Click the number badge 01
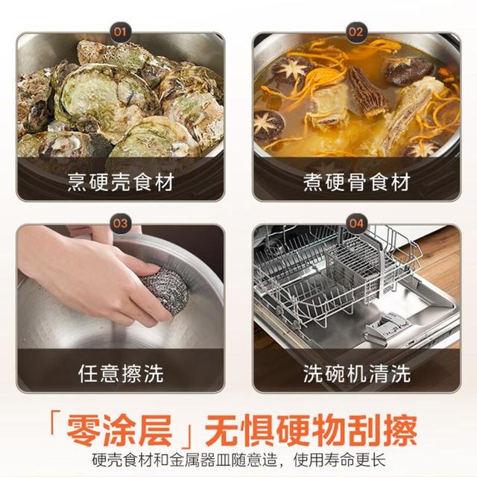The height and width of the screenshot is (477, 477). [x=120, y=32]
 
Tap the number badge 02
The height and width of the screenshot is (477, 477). [x=356, y=32]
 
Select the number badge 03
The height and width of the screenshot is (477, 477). [x=120, y=224]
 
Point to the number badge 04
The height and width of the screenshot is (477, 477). [x=356, y=224]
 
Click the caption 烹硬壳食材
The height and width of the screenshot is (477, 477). [x=121, y=182]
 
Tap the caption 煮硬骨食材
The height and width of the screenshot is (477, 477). [x=356, y=182]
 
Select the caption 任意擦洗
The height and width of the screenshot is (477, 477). [x=121, y=373]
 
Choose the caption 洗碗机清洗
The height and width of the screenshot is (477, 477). [x=356, y=373]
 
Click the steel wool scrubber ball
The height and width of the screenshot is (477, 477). [x=165, y=291]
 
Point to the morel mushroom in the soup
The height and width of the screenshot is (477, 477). [x=367, y=92]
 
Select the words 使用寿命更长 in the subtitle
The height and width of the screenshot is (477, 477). [x=340, y=460]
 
